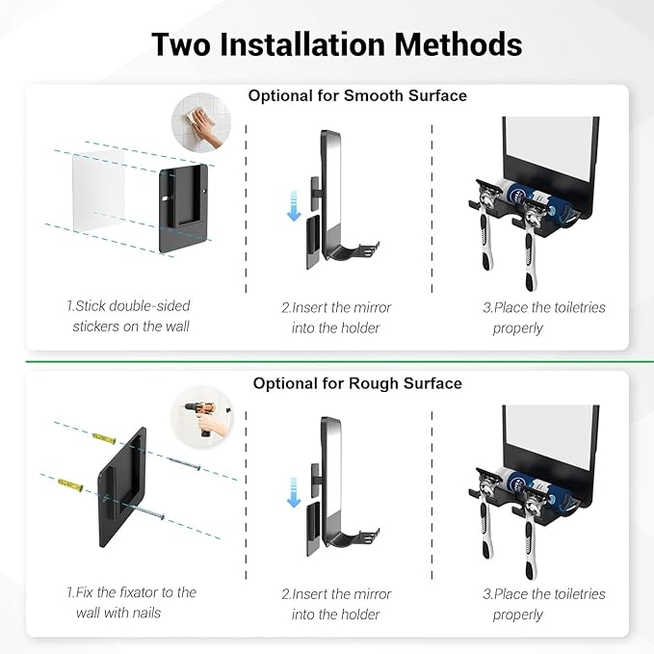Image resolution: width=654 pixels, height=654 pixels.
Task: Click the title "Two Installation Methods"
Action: (336, 45)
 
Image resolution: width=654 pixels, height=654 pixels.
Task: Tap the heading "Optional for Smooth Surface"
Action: (357, 95)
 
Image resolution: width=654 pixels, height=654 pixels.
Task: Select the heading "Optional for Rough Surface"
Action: (357, 383)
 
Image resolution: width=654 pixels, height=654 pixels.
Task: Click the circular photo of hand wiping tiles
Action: (202, 124)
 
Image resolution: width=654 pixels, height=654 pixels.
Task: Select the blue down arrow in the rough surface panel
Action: (294, 493)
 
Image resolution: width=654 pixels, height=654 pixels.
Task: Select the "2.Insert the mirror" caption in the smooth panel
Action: (336, 318)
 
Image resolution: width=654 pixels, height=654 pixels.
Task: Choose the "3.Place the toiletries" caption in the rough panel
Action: (544, 604)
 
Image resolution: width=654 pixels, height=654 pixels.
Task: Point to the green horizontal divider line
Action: (327, 362)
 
